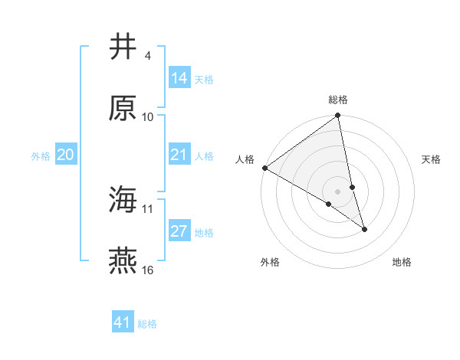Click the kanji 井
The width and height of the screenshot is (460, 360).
(123, 47)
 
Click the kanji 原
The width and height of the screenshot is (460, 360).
(123, 108)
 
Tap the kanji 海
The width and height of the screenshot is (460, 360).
(123, 200)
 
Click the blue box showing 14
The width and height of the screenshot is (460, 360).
(179, 78)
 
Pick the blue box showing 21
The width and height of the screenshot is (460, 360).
(179, 155)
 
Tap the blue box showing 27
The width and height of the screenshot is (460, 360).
(179, 231)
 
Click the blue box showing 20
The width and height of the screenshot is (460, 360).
(65, 155)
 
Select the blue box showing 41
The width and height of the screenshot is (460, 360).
(123, 322)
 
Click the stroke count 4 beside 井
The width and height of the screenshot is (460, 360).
(147, 56)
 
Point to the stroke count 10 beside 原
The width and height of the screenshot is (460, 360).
(148, 117)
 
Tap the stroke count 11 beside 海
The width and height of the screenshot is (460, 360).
(148, 209)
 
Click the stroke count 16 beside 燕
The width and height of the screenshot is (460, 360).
(148, 270)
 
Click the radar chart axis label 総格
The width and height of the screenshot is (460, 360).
(338, 100)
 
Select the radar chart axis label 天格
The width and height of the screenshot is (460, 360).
(431, 159)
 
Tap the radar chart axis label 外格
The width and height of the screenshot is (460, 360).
(270, 263)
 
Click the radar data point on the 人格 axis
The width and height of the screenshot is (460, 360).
(264, 168)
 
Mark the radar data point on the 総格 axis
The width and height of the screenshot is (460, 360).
(338, 116)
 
